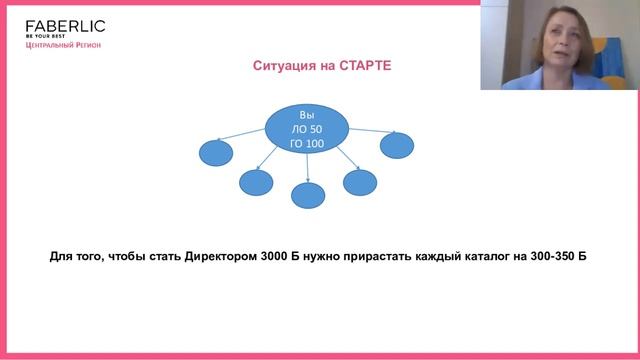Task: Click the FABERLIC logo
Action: point(65,27)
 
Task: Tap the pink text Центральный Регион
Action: point(63,45)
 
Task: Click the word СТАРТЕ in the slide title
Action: point(365,66)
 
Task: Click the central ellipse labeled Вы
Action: point(307,129)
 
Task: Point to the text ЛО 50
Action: point(307,129)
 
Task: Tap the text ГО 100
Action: point(307,144)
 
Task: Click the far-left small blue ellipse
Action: point(216,153)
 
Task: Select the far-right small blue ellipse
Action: point(397,145)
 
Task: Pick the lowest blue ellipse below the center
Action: point(308,196)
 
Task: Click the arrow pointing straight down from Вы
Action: point(307,168)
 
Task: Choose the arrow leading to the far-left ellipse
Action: point(241,135)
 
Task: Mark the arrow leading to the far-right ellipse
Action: point(372,131)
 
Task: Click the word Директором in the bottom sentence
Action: point(221,256)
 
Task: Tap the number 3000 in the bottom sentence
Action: point(274,256)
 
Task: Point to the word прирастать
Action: point(377,257)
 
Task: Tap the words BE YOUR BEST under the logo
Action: point(45,36)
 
